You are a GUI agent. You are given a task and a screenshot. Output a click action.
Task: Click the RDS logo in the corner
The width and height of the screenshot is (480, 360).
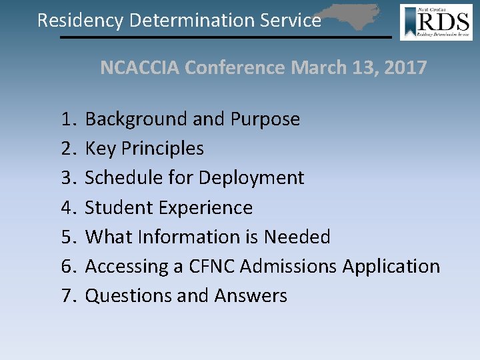click(x=436, y=22)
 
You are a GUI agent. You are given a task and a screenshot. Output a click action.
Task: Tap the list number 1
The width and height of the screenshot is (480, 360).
click(x=67, y=119)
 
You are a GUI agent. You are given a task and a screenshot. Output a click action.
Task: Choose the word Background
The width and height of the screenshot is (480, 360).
click(x=137, y=119)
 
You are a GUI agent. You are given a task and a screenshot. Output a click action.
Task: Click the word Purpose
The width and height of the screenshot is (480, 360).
click(x=265, y=120)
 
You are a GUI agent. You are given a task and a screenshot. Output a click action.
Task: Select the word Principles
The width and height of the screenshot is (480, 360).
click(x=162, y=149)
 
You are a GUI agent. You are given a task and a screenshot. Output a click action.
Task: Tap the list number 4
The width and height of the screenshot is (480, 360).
click(x=67, y=207)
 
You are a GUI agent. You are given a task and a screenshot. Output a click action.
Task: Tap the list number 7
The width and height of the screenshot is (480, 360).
click(x=67, y=295)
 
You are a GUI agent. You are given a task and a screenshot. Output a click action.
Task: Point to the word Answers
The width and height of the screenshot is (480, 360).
click(x=250, y=295)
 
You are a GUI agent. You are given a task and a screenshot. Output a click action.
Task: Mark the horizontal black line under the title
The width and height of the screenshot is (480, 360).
click(x=225, y=37)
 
